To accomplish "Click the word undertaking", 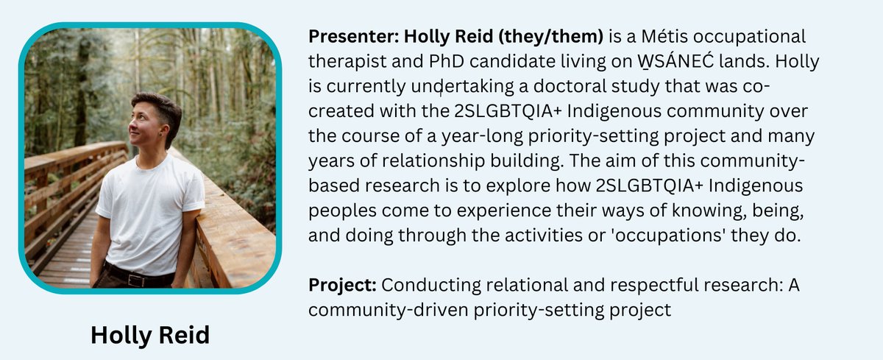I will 453,86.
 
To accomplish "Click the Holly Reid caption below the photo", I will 150,335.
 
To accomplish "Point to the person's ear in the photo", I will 160,133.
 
